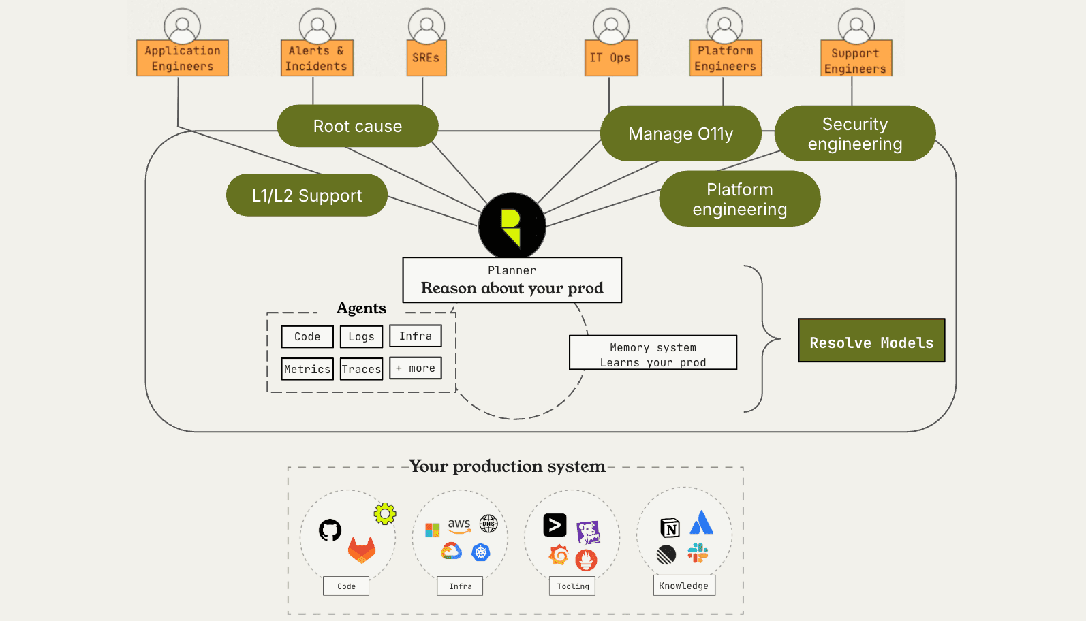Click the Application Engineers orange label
[182, 58]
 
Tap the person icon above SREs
[426, 26]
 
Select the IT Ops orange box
[610, 58]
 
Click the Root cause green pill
[357, 126]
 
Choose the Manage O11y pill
[680, 133]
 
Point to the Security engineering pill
[854, 133]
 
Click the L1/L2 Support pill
[307, 195]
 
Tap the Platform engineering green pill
[739, 199]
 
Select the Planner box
[512, 280]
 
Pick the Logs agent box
[361, 336]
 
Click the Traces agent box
[361, 369]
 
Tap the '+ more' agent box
[416, 368]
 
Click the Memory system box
[653, 353]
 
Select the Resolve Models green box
[871, 340]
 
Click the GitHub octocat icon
[330, 530]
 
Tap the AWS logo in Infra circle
[459, 525]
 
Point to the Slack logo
[698, 552]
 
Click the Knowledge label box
[683, 586]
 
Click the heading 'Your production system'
[507, 466]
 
